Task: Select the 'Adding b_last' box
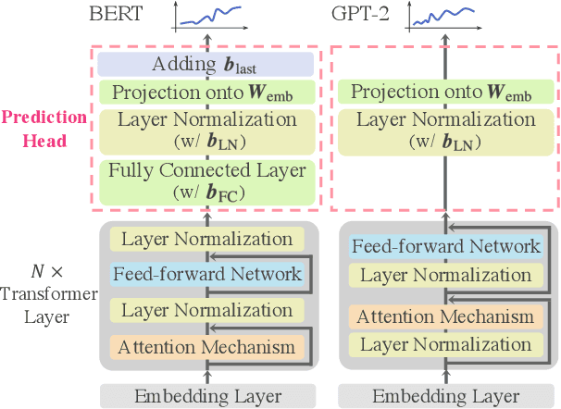tap(206, 64)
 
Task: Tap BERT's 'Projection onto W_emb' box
tap(206, 92)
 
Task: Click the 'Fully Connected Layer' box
tap(206, 180)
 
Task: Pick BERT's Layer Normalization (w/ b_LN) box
tap(206, 129)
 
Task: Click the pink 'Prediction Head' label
tap(45, 129)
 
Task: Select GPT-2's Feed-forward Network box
tap(445, 246)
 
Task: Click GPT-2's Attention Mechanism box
tap(445, 316)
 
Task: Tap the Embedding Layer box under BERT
tap(206, 396)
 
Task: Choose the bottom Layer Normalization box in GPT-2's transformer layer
tap(445, 344)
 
